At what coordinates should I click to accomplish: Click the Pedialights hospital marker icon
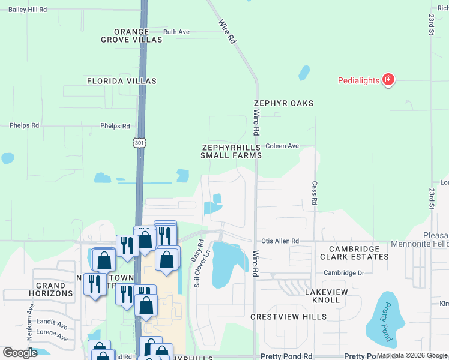coord(388,80)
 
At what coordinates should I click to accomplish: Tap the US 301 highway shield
coord(139,143)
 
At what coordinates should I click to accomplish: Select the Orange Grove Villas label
coord(131,35)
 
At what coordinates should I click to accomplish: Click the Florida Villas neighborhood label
coord(122,80)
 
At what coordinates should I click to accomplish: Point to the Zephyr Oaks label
coord(283,103)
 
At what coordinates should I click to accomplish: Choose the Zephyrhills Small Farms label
coord(232,151)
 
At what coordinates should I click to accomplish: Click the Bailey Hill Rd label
coord(28,10)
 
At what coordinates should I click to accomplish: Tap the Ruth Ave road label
coord(176,32)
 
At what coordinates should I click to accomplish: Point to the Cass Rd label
coord(314,194)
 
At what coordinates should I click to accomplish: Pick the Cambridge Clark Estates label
coord(354,253)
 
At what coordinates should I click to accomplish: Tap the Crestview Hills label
coord(289,316)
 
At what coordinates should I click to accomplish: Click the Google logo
coord(20,353)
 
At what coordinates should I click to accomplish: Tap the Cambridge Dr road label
coord(344,272)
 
